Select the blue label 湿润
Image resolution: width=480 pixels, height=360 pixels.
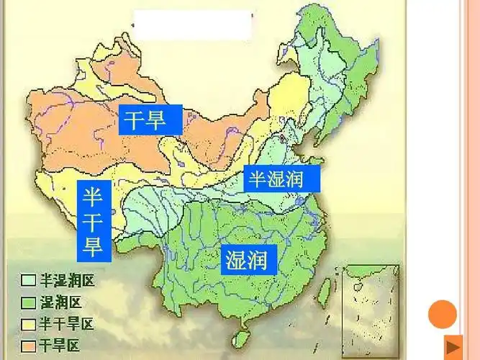point(248,258)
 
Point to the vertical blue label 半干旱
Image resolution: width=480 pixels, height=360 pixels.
point(93,220)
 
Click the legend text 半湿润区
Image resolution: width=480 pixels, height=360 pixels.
point(65,279)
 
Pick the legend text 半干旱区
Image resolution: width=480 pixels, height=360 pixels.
point(65,323)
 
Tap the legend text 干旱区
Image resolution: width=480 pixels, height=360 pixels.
point(60,345)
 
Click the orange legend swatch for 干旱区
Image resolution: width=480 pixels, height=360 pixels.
point(29,345)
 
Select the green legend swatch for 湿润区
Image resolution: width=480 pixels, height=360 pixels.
point(29,302)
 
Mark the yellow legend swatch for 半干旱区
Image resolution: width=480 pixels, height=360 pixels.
point(29,323)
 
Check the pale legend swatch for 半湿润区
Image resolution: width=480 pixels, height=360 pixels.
point(29,279)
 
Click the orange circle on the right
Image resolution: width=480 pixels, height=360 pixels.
point(443,314)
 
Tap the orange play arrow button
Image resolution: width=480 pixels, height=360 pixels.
point(453,345)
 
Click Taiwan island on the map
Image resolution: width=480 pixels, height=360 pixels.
point(323,288)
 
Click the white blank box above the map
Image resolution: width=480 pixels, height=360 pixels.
point(194,24)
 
